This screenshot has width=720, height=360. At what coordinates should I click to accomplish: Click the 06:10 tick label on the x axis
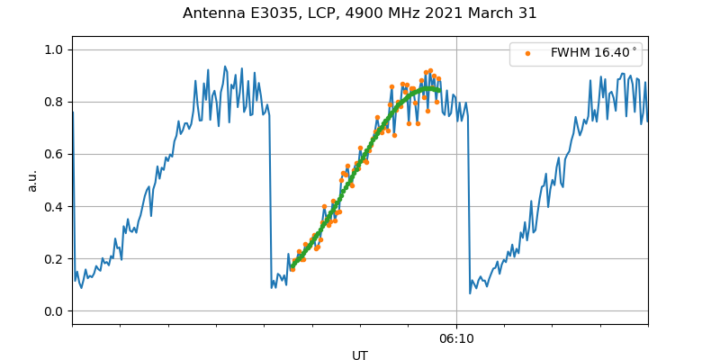click(456, 338)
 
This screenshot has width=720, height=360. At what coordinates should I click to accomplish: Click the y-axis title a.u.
click(32, 180)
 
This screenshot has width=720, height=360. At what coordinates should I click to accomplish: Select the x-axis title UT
click(360, 355)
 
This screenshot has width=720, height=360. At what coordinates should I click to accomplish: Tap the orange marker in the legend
click(526, 53)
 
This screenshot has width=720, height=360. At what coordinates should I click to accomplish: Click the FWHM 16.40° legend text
click(593, 53)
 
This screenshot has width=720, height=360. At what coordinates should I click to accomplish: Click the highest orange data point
click(430, 70)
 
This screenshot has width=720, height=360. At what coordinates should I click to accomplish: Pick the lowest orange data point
click(292, 269)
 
